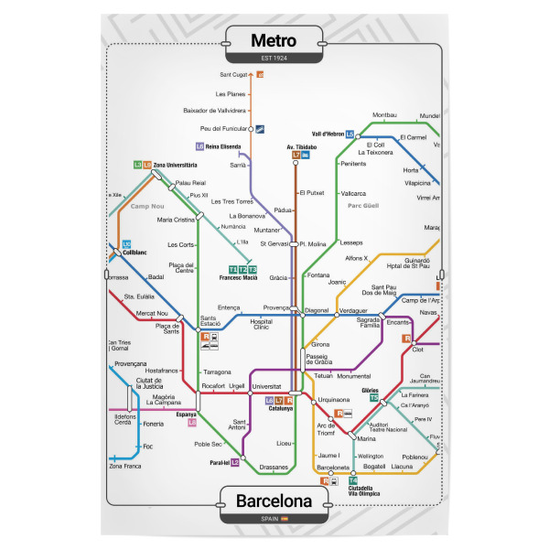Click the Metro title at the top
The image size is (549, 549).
(x=274, y=41)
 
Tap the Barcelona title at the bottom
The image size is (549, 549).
(x=274, y=501)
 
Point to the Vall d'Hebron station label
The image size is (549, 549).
(x=326, y=134)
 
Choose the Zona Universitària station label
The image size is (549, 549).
(x=175, y=165)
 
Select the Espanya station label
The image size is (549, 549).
(x=187, y=414)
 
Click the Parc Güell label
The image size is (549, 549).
(x=363, y=205)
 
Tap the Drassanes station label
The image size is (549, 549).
(x=274, y=467)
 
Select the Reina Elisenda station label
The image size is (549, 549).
(x=223, y=146)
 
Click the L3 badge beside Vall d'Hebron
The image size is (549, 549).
(x=350, y=134)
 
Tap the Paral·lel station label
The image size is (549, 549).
(x=218, y=462)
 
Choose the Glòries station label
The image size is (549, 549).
(x=370, y=390)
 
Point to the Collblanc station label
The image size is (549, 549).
(x=135, y=253)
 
